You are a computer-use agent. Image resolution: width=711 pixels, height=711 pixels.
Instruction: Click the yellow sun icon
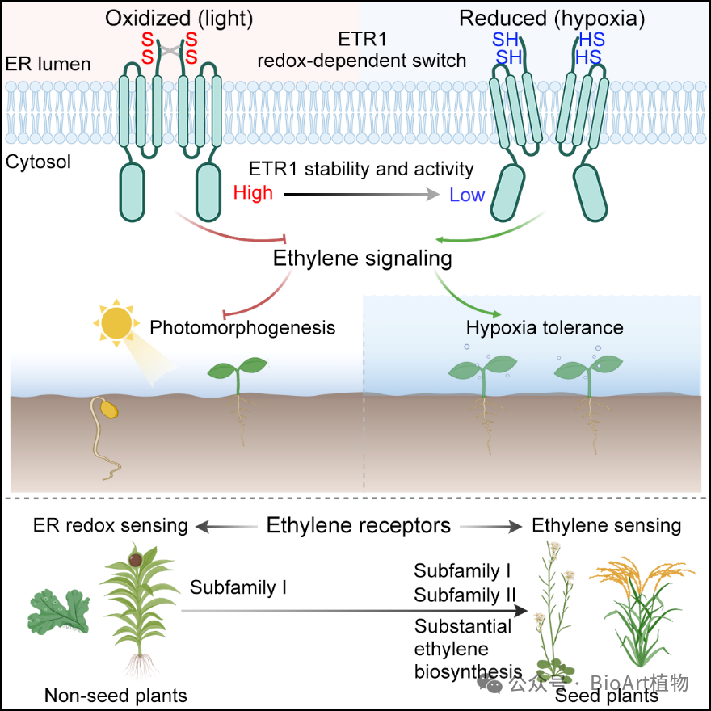[116, 323]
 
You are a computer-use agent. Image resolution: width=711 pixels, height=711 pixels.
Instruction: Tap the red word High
[253, 193]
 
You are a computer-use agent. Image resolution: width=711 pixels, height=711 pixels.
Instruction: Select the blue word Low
[467, 195]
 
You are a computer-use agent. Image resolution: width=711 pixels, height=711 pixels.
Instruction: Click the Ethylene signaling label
[362, 258]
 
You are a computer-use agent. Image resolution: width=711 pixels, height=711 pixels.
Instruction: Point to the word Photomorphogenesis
[242, 327]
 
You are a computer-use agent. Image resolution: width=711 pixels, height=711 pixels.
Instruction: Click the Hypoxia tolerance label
[545, 327]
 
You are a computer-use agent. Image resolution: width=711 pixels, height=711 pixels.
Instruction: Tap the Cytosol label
[38, 162]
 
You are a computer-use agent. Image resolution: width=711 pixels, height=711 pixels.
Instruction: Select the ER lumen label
[48, 64]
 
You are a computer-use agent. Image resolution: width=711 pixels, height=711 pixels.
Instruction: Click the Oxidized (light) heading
[179, 19]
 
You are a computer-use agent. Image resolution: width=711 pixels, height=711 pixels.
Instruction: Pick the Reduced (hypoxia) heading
[552, 19]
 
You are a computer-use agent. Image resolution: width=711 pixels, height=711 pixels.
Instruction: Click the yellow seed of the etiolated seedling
[109, 409]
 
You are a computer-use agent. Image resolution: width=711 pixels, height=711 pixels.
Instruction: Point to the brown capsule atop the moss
[135, 561]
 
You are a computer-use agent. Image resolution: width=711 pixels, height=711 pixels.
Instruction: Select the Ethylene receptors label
[358, 525]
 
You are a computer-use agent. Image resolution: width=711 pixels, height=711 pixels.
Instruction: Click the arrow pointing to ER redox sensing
[226, 527]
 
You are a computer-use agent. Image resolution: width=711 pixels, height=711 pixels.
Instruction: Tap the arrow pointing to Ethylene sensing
[491, 527]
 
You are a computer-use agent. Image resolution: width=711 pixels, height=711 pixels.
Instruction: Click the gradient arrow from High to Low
[361, 195]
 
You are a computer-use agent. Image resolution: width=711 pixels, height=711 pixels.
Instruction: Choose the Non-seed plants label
[116, 695]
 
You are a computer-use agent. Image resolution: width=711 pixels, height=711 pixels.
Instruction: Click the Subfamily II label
[465, 595]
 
